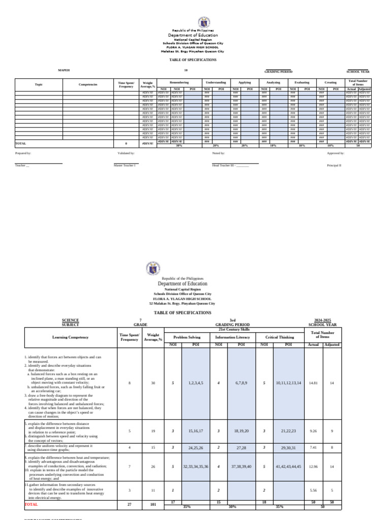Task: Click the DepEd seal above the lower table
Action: coord(153,268)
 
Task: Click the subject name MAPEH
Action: coord(63,70)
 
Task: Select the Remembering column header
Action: coord(179,82)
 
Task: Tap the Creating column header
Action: coord(330,82)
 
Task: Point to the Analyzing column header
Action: coord(273,82)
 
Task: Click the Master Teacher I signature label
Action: coord(125,166)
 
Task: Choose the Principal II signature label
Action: coord(334,166)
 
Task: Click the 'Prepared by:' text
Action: coord(23,153)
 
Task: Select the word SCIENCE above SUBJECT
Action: coord(70,320)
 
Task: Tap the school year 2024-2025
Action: coord(322,320)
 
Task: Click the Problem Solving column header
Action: coord(187,337)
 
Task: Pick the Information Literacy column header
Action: coord(233,337)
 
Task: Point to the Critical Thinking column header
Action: coord(279,337)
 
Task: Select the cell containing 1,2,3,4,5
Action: coord(196,383)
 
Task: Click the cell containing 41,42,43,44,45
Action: coord(288,466)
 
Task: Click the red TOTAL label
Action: coord(31,505)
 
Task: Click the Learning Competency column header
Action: coord(70,337)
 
